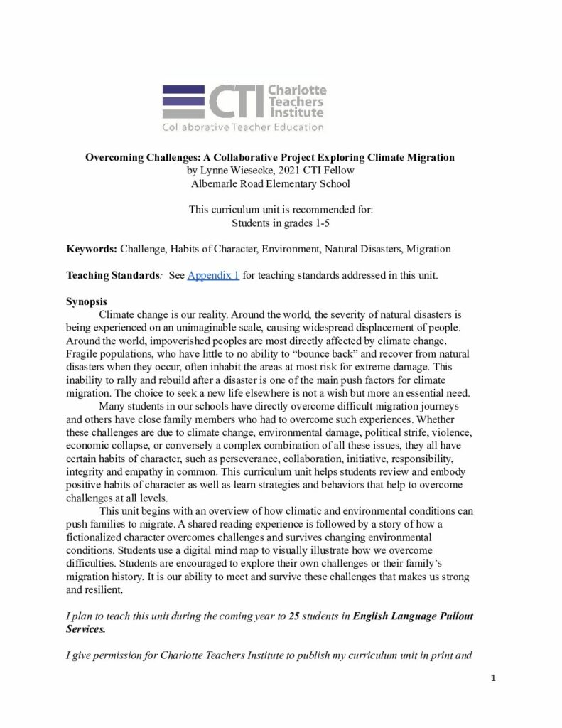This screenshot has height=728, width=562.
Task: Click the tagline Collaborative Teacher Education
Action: [x=243, y=128]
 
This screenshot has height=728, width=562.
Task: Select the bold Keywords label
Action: [x=91, y=249]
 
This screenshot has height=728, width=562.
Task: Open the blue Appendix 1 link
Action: [x=213, y=275]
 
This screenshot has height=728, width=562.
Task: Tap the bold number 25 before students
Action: [x=294, y=616]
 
